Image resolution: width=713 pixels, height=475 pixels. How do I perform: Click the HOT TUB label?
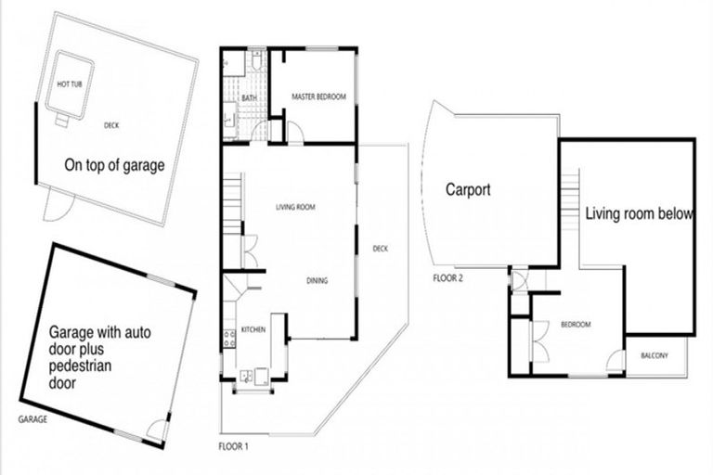(70, 84)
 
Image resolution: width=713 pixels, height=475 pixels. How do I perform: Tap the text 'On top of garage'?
(114, 166)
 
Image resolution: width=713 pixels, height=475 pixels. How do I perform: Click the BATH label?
(249, 97)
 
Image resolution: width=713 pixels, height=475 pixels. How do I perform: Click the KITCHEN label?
(253, 329)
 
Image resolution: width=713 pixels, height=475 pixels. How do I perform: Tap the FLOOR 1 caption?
(233, 445)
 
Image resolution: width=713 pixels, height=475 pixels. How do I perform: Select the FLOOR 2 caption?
(448, 277)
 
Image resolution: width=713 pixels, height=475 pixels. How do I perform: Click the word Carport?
(468, 190)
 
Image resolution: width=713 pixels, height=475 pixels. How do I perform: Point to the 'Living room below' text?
(639, 213)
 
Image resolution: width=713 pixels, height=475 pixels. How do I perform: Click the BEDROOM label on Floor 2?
(576, 324)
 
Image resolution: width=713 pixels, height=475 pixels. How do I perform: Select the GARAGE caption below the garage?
(32, 419)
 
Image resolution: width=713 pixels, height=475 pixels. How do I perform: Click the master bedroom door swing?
(295, 133)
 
